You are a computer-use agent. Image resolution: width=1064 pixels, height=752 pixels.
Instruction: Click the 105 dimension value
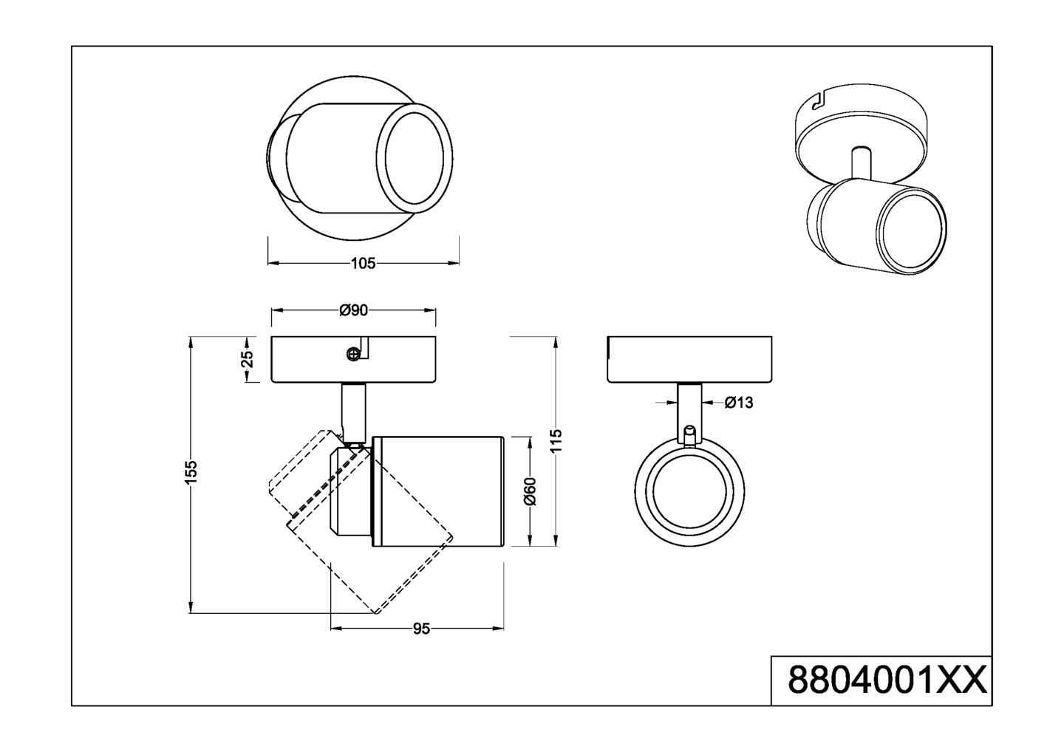363,263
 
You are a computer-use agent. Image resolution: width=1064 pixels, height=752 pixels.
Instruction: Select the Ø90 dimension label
353,311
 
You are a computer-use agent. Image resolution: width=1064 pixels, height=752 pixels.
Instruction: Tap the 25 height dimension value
248,358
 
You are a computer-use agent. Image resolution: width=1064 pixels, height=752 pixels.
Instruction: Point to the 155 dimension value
191,472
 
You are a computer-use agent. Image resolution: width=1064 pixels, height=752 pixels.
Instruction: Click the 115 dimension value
556,440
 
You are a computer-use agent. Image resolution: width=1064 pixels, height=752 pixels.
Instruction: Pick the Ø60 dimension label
530,491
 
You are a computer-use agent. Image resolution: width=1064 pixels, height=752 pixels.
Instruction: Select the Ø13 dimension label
738,403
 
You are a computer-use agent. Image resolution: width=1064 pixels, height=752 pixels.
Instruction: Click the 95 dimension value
421,629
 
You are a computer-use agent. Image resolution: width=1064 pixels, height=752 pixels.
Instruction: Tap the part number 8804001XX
887,680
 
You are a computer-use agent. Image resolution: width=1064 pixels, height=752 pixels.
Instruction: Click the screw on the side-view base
353,355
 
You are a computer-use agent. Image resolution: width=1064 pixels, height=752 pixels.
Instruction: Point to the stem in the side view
353,410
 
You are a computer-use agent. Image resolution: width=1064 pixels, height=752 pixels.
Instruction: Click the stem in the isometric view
860,160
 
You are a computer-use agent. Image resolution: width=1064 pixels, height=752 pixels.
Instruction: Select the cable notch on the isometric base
817,103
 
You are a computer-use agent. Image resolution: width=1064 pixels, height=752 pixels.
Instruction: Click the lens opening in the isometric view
912,232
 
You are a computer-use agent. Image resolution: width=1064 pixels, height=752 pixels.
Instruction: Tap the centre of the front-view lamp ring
689,491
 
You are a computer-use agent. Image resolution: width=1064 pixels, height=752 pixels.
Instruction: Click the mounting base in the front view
689,360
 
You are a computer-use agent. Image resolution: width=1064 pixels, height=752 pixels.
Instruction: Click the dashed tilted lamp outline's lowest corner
376,612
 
